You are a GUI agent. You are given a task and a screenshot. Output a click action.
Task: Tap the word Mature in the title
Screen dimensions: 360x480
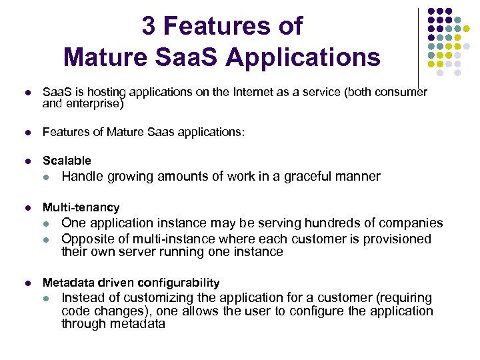(x=107, y=57)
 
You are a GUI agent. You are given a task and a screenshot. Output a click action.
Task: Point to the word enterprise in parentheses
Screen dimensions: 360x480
(x=94, y=104)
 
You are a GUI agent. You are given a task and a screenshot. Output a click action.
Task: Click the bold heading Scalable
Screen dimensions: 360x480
(x=67, y=161)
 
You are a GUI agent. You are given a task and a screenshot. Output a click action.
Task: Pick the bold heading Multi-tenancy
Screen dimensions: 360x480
(x=81, y=207)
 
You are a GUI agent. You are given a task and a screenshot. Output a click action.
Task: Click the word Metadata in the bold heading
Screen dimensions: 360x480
(x=65, y=283)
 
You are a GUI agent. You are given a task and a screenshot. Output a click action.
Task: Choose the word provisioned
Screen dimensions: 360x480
(x=399, y=239)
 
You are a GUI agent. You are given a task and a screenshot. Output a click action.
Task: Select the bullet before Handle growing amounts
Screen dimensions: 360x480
(x=46, y=177)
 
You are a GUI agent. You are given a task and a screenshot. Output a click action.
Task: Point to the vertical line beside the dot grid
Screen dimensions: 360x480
(x=418, y=47)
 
